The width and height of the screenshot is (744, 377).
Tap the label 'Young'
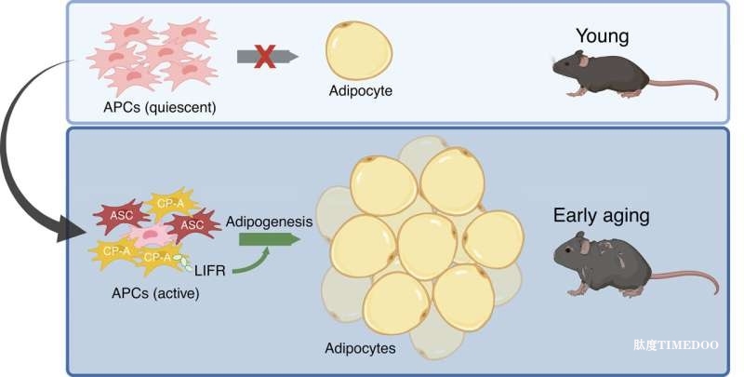(602, 37)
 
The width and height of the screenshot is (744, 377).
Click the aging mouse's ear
(582, 244)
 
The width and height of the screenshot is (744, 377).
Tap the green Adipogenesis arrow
(264, 241)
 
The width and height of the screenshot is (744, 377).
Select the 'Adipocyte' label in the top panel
(360, 92)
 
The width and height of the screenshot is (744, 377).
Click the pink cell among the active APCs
(151, 238)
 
